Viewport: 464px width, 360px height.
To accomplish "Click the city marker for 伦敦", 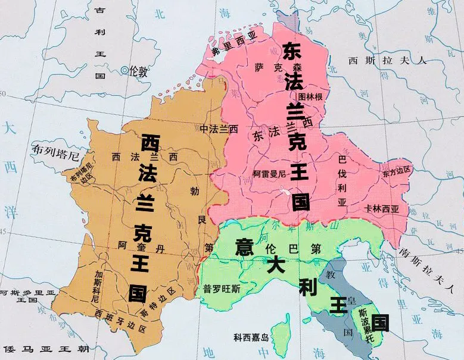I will click(124, 71).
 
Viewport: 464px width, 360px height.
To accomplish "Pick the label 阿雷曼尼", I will click(269, 174).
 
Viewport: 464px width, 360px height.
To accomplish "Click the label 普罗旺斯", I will click(221, 289).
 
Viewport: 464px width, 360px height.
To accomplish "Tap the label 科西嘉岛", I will click(251, 338).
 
